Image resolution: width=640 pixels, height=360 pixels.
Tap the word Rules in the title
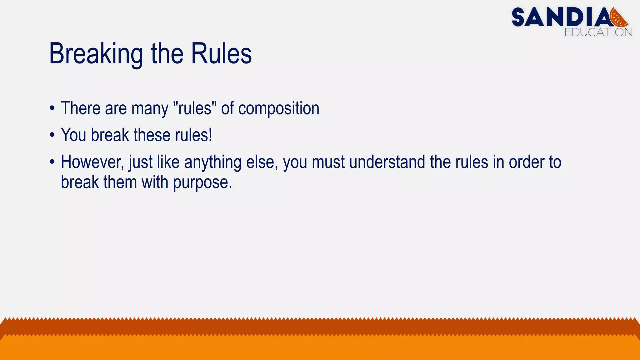[x=221, y=54]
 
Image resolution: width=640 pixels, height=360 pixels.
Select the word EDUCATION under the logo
[x=598, y=32]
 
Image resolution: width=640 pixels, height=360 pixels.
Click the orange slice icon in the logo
[x=618, y=17]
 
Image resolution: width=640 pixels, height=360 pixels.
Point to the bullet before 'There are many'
[x=52, y=109]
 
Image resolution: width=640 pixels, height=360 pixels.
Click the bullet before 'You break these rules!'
[x=52, y=135]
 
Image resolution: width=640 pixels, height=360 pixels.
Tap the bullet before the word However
[x=52, y=162]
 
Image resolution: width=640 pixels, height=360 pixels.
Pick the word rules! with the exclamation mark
[x=193, y=135]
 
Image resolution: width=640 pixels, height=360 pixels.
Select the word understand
[x=387, y=162]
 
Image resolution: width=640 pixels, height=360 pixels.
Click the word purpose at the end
[x=202, y=183]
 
